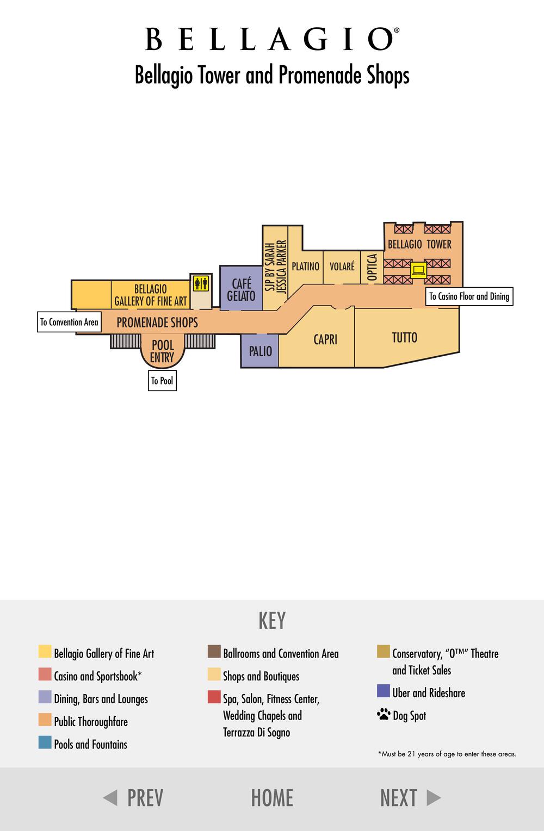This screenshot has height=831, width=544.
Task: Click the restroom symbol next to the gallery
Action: click(x=201, y=284)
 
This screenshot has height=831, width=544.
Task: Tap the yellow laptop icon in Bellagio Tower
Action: click(x=418, y=270)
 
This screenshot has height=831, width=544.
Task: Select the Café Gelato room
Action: click(x=241, y=288)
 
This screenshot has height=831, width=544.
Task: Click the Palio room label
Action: click(x=261, y=351)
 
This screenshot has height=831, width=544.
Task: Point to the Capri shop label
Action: click(x=325, y=339)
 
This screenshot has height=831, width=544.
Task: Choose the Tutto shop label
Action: click(x=405, y=338)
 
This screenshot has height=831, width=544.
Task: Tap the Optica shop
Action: click(x=372, y=267)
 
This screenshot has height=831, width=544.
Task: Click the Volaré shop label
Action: click(x=342, y=266)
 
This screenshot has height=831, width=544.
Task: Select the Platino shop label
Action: click(x=305, y=266)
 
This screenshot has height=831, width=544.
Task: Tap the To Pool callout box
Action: click(x=162, y=381)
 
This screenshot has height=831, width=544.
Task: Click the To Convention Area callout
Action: click(x=70, y=322)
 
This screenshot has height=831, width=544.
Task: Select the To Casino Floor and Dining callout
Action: click(x=469, y=296)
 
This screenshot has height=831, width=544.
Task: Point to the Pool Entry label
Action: click(x=163, y=351)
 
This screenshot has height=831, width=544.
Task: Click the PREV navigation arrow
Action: click(x=110, y=798)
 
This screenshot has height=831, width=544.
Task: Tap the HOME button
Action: click(x=272, y=798)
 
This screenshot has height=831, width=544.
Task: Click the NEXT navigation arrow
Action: click(x=434, y=798)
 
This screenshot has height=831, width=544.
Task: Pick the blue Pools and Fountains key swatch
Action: click(x=45, y=742)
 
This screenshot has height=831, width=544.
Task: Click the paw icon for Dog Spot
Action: click(x=384, y=714)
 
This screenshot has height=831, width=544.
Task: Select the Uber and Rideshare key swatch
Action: click(x=384, y=691)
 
